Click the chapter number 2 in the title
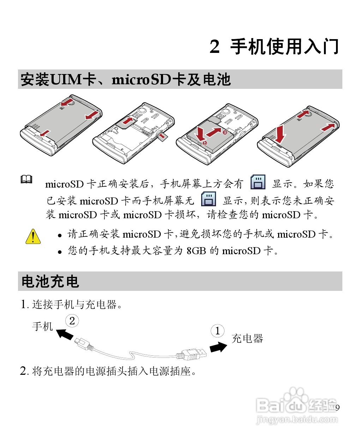tap(215, 47)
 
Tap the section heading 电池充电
tap(50, 281)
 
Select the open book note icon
tap(26, 179)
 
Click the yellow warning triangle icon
tap(33, 237)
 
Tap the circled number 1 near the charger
tap(217, 331)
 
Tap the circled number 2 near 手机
tap(72, 321)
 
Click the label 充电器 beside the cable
tap(247, 338)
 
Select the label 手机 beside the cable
tap(42, 326)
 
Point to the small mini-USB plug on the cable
tap(83, 343)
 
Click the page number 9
tap(337, 408)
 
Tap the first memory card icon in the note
tap(258, 182)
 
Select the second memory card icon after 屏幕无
tap(208, 199)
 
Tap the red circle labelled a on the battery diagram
tap(225, 132)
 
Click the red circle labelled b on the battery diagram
tap(205, 143)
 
